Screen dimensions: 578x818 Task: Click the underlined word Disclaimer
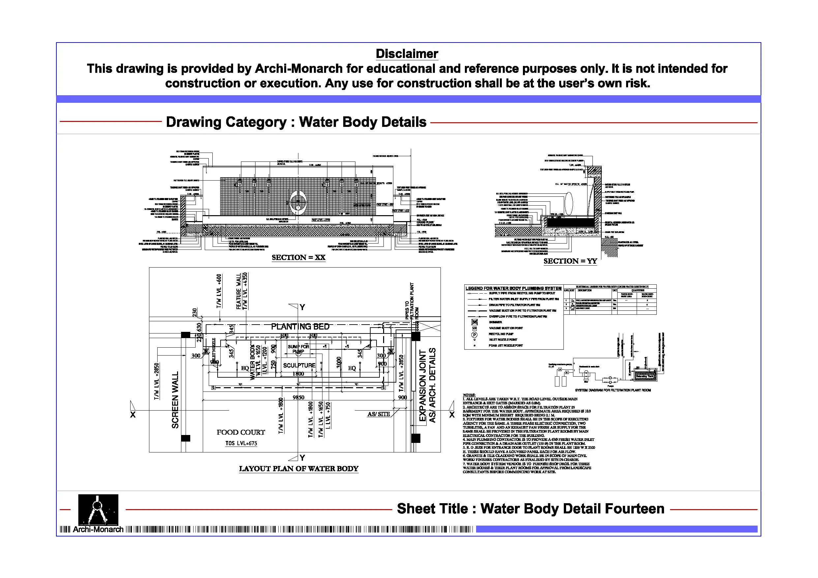(407, 54)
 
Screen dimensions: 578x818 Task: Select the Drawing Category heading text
(296, 122)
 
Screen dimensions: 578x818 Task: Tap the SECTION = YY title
(570, 261)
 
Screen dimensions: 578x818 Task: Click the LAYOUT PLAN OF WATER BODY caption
(299, 468)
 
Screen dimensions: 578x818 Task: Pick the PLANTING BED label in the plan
(300, 326)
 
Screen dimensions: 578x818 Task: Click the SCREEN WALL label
(175, 400)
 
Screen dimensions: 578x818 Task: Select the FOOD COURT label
(241, 432)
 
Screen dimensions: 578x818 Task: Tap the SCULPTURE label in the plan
(299, 365)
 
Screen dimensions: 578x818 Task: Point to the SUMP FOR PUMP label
(299, 349)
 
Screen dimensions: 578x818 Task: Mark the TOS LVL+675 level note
(241, 443)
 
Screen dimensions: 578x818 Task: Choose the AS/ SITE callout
(379, 414)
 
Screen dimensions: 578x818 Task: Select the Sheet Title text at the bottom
(530, 508)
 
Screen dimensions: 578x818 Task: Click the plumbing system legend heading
(513, 288)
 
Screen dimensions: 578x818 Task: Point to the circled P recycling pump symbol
(474, 335)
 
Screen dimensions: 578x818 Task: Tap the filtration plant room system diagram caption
(613, 390)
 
